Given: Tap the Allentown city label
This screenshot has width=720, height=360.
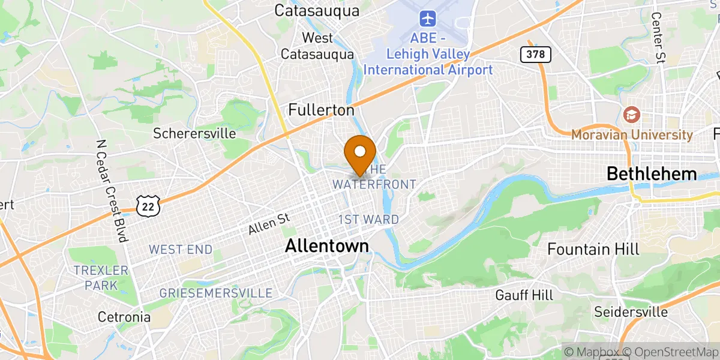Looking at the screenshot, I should tap(326, 245).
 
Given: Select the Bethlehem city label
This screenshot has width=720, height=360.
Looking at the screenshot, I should tap(651, 175).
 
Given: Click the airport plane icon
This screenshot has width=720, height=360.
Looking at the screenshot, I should tap(428, 19).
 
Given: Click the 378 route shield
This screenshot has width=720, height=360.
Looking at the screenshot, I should tap(535, 55).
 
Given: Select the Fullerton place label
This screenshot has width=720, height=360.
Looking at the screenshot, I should tap(321, 110).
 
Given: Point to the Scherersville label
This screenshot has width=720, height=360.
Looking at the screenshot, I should tap(194, 133).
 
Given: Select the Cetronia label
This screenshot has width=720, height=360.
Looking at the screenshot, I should tap(124, 317).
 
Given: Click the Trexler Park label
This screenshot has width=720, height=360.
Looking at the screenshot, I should tap(101, 278).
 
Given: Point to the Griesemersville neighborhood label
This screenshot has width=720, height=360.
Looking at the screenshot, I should tap(215, 293).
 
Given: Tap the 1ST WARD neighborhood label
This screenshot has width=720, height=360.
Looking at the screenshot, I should tap(368, 220).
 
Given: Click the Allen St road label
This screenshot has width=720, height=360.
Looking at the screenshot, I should tap(269, 226).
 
